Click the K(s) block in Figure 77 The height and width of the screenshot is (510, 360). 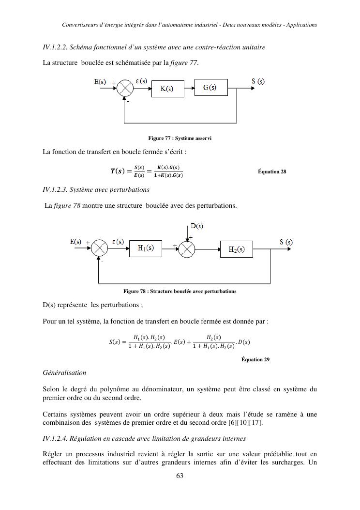(x=167, y=89)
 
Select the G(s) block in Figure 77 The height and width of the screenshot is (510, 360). (x=210, y=88)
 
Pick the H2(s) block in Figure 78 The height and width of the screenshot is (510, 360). (x=237, y=249)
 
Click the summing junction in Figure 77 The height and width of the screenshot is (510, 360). (x=125, y=88)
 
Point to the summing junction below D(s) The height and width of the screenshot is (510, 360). (x=187, y=248)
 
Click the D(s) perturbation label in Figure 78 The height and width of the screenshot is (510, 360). (x=196, y=226)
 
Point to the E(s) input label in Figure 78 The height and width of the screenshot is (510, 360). (x=76, y=242)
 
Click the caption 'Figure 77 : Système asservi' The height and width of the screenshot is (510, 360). (x=180, y=139)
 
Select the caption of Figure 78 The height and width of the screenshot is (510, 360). (x=180, y=291)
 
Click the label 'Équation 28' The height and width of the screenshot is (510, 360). (x=272, y=171)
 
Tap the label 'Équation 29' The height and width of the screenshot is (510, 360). (x=255, y=359)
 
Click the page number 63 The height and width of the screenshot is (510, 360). (x=180, y=475)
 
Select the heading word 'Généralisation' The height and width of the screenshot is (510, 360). (x=64, y=372)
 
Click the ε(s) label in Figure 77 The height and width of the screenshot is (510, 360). (x=141, y=81)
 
